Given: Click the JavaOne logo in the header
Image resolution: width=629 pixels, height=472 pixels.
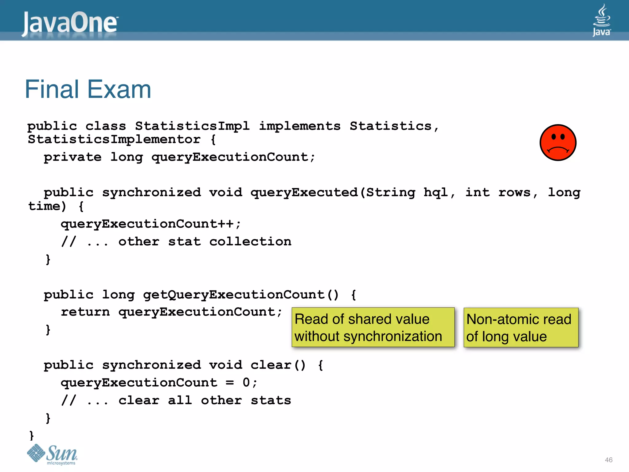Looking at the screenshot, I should click(70, 23).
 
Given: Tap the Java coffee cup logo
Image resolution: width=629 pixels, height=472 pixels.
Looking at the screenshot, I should click(601, 20).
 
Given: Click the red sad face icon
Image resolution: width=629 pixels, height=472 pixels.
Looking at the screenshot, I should click(558, 143).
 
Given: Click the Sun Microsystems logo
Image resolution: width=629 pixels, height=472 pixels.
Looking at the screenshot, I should click(53, 454).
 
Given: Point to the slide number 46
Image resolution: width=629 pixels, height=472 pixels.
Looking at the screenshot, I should click(608, 460).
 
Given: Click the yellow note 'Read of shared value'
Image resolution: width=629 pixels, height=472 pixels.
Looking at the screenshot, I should click(373, 327).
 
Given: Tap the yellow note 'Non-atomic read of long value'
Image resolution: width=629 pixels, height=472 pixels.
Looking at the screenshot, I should click(521, 327).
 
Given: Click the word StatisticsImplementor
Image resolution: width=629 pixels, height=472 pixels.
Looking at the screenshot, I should click(114, 140).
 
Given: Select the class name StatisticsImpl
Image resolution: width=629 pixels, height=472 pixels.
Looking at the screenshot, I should click(192, 126).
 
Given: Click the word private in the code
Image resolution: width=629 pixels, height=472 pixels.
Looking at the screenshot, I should click(72, 157).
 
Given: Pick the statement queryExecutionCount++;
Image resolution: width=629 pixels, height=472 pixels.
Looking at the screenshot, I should click(150, 224).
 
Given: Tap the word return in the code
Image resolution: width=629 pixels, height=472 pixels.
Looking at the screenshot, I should click(85, 312).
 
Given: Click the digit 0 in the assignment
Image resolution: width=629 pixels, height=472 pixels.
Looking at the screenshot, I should click(246, 383).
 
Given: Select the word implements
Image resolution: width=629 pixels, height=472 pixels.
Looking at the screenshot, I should click(299, 126).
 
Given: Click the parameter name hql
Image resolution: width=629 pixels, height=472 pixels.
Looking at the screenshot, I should click(436, 193).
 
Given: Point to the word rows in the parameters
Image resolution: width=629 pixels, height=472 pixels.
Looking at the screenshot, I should click(514, 193).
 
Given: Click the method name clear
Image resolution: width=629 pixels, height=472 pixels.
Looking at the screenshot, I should click(271, 365).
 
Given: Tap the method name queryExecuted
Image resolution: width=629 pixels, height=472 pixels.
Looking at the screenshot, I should click(304, 193).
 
